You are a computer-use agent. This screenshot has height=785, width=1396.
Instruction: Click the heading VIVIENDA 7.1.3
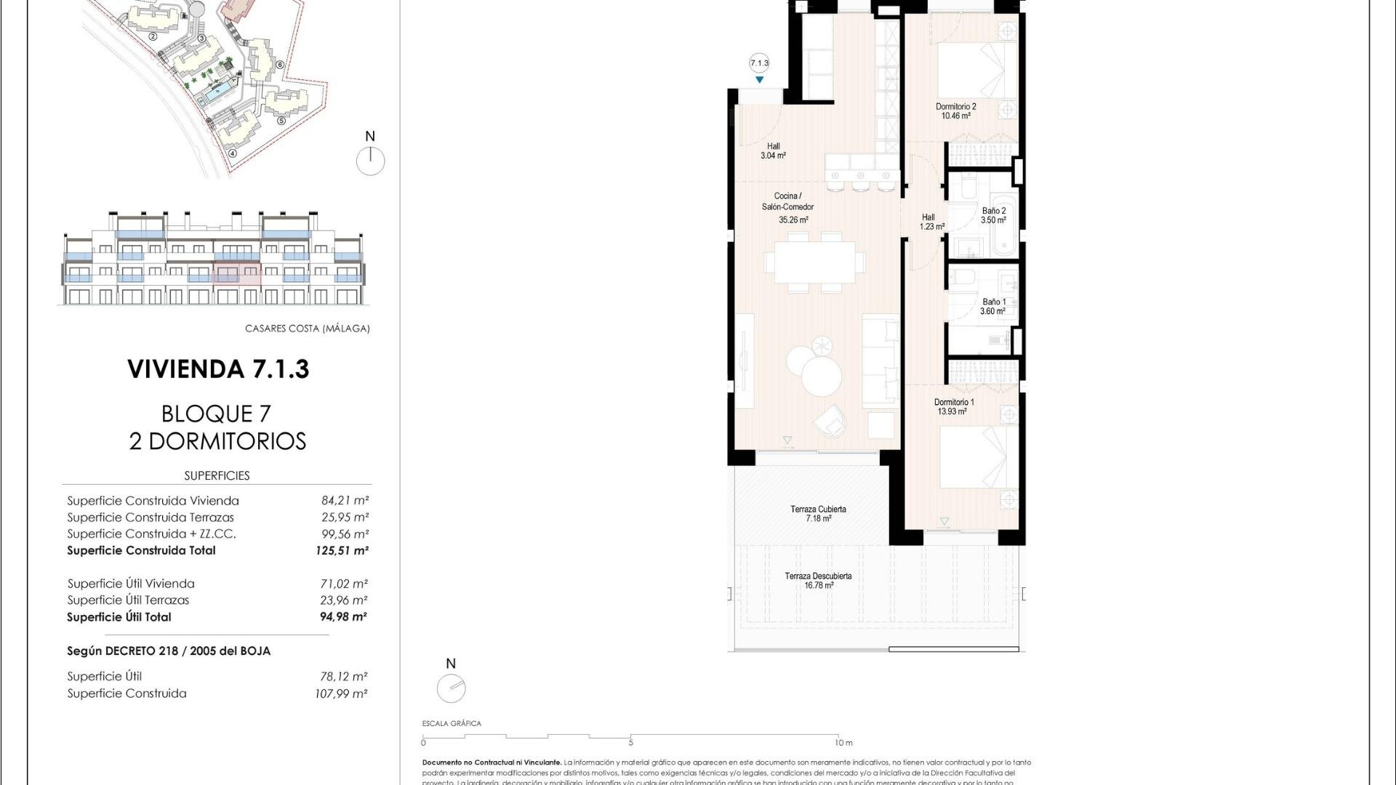(x=218, y=369)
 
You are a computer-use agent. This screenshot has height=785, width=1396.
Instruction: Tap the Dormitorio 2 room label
(x=955, y=110)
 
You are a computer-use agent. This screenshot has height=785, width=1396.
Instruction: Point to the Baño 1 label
(x=993, y=306)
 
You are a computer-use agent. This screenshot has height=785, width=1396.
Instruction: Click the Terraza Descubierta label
(x=818, y=580)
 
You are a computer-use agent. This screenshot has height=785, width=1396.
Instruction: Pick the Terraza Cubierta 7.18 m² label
(x=818, y=513)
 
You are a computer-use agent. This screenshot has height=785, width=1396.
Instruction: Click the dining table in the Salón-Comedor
(x=815, y=262)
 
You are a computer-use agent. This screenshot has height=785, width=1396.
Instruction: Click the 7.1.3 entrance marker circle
(x=759, y=63)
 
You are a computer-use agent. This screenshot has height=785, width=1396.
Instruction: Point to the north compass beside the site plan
(x=370, y=161)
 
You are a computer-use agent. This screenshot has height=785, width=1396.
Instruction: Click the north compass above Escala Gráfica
(x=451, y=688)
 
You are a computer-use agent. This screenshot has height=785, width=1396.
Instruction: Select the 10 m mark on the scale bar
(x=842, y=743)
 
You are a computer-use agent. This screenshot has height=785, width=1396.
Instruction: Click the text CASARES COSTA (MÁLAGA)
(x=307, y=329)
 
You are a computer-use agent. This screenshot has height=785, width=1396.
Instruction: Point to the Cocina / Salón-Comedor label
(x=787, y=206)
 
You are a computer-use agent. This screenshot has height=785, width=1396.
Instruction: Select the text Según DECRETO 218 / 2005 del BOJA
(x=169, y=651)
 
